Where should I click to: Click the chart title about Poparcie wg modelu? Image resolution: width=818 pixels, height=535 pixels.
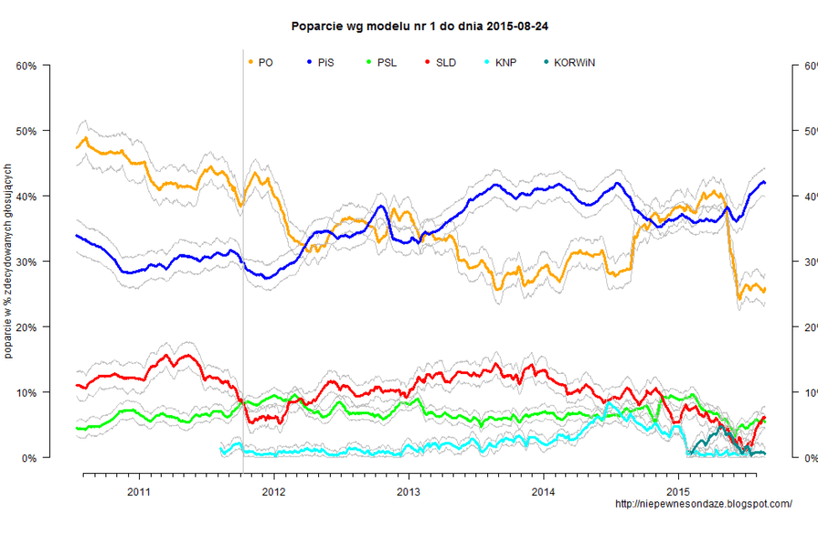[419, 27]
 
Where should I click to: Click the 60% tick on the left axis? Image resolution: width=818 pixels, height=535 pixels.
[25, 66]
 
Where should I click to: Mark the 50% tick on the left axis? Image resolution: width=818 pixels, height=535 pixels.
[25, 131]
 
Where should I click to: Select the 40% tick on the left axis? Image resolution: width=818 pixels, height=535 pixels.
[25, 197]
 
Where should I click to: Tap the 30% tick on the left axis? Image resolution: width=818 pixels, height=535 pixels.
[25, 262]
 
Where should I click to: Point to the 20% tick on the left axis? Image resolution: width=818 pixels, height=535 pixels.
[25, 328]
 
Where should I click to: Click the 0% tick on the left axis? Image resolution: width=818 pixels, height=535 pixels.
[27, 459]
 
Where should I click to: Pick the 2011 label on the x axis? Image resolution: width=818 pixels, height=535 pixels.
[138, 492]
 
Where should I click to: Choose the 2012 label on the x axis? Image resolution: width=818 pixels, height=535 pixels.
[274, 492]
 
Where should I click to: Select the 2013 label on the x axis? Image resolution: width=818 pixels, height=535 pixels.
[408, 492]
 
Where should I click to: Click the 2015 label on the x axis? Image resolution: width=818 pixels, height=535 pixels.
[678, 492]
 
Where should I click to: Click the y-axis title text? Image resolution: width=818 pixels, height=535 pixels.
[8, 262]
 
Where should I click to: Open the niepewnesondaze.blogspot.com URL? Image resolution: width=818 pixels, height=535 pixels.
[703, 504]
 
